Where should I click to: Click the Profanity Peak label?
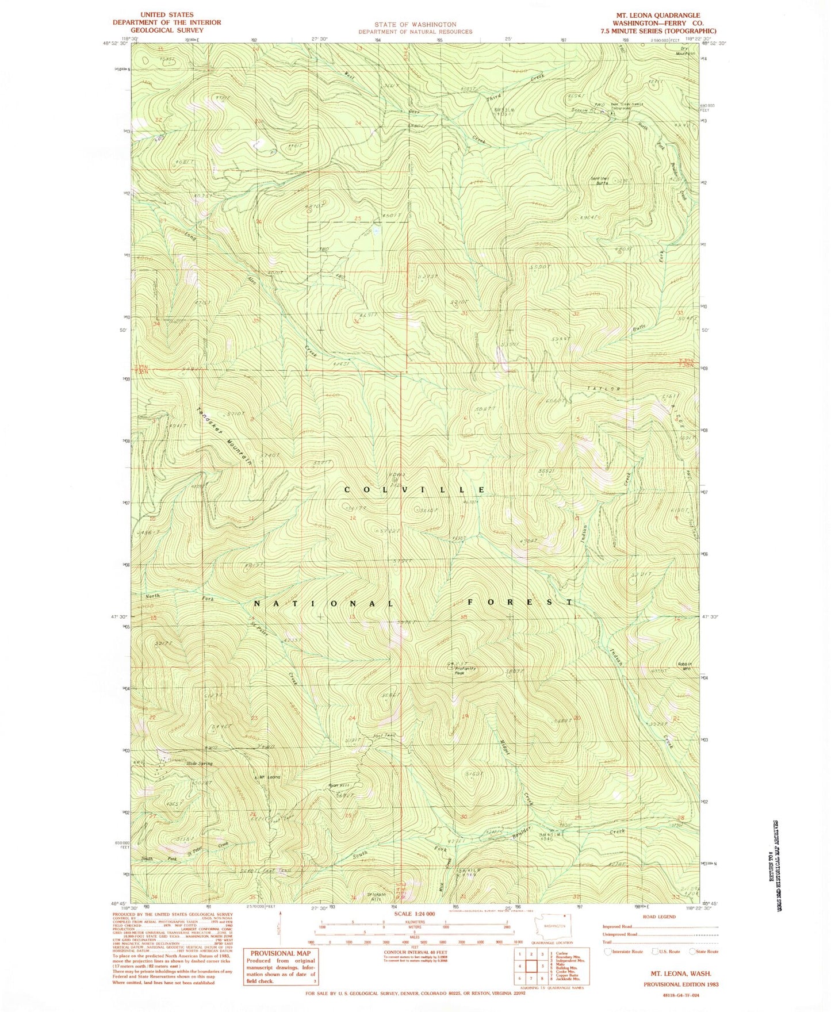click(x=467, y=670)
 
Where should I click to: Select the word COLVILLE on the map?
click(x=414, y=489)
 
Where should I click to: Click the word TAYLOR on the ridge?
click(x=603, y=389)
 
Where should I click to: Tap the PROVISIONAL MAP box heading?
click(x=281, y=953)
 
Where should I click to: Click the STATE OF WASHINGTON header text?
click(x=415, y=25)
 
